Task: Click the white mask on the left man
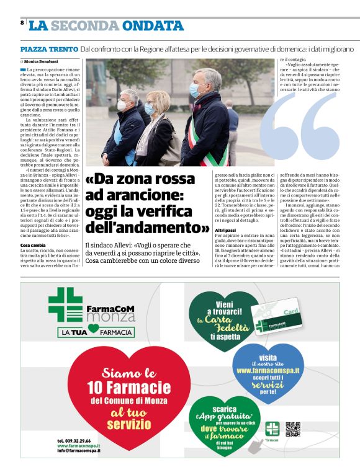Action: coord(121,106)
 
